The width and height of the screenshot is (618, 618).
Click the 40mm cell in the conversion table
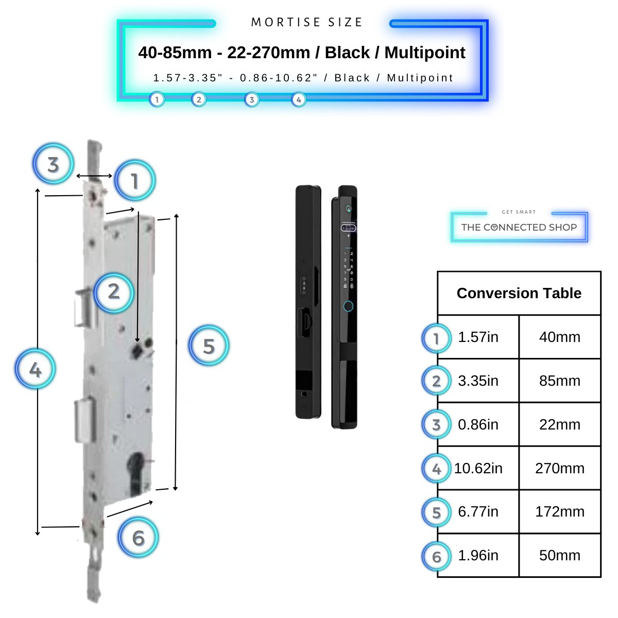tap(559, 337)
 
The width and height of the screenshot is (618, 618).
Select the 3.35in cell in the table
tap(478, 381)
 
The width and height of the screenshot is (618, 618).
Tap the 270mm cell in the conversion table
tap(559, 468)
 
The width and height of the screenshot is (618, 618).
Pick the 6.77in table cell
tap(478, 511)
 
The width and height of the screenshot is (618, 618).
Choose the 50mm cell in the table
tap(559, 555)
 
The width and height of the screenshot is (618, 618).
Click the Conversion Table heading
tap(519, 293)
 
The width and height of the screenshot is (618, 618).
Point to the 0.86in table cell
tap(478, 424)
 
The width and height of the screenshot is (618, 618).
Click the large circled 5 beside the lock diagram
tap(209, 346)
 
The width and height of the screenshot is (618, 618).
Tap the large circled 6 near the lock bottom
tap(138, 538)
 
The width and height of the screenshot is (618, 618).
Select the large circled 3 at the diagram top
tap(53, 165)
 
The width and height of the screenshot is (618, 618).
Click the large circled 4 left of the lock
tap(35, 369)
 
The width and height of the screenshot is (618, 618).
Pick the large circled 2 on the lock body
tap(114, 291)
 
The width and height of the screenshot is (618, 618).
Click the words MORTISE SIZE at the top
tap(307, 22)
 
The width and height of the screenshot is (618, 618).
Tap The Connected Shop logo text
tap(519, 227)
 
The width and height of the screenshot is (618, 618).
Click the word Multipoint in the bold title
tap(425, 53)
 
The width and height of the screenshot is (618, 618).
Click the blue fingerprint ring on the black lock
tap(348, 306)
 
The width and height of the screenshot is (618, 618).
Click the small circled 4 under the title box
tap(299, 99)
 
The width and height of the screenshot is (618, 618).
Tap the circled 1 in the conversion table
tap(436, 338)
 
